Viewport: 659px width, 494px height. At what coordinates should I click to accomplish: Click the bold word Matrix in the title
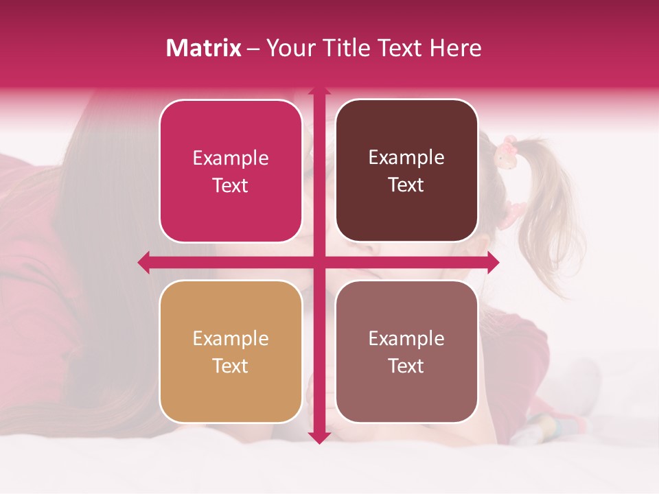pyautogui.click(x=204, y=48)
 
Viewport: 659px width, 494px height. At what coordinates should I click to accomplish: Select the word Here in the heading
pyautogui.click(x=456, y=48)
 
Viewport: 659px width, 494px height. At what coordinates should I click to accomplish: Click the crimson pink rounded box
pyautogui.click(x=231, y=172)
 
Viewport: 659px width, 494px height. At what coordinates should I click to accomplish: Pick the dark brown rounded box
pyautogui.click(x=406, y=171)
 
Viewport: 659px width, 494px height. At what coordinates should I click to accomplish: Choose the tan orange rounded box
pyautogui.click(x=231, y=352)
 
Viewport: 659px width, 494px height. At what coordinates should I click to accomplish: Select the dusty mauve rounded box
pyautogui.click(x=406, y=351)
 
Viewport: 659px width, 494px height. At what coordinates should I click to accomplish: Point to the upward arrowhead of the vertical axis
pyautogui.click(x=319, y=90)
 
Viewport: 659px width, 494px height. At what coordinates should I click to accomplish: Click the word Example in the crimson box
pyautogui.click(x=231, y=158)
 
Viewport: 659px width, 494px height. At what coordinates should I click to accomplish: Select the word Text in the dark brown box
pyautogui.click(x=406, y=185)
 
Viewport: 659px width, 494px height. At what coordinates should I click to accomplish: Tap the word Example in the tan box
pyautogui.click(x=231, y=339)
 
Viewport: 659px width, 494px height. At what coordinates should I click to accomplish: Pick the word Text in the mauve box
pyautogui.click(x=406, y=366)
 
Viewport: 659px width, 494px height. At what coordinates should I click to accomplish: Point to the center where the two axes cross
pyautogui.click(x=319, y=262)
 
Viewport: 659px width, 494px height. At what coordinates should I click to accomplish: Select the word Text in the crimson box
pyautogui.click(x=231, y=186)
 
